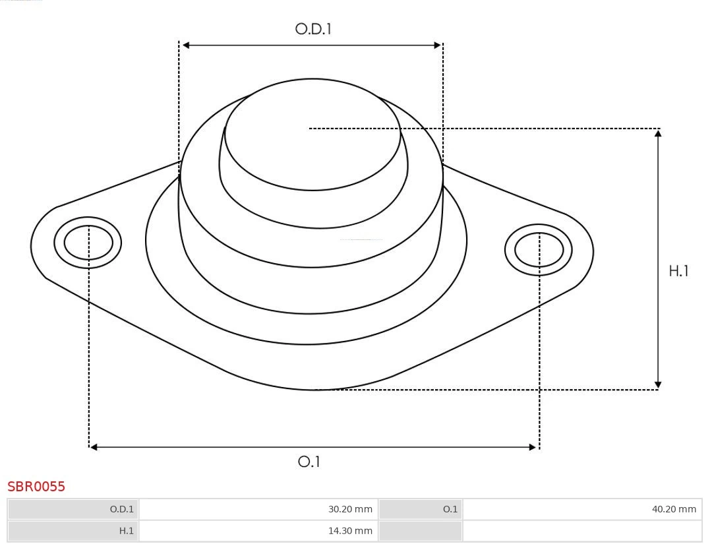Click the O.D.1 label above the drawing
coord(312,29)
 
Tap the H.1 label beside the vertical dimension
coord(678,271)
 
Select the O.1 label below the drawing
coord(309,462)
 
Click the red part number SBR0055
coord(36,487)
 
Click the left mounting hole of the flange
coord(88,243)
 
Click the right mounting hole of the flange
coord(539,250)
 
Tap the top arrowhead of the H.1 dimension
coord(658,133)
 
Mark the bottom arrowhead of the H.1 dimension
coord(658,384)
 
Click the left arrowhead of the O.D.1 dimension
coord(186,45)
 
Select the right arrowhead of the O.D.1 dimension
coord(437,45)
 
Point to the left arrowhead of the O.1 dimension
coord(94,447)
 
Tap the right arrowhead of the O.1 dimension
coord(533,447)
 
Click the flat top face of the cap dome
coord(312,135)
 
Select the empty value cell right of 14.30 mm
coord(582,531)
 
